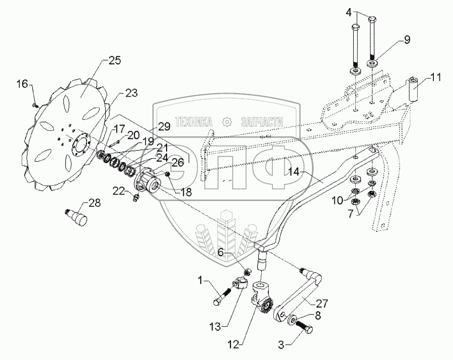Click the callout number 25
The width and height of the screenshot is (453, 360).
click(x=114, y=61)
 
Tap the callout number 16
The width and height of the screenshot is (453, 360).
click(x=23, y=84)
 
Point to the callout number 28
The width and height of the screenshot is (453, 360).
click(x=95, y=203)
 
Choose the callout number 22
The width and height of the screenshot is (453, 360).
click(x=118, y=191)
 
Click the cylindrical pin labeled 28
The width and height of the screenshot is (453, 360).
click(x=75, y=218)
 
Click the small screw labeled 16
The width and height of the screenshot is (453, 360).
click(x=35, y=105)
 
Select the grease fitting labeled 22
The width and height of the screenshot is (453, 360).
click(x=135, y=198)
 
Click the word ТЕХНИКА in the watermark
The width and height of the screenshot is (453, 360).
click(x=194, y=122)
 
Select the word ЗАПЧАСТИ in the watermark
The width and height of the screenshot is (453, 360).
click(x=262, y=122)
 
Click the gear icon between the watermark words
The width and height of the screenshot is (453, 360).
click(x=227, y=122)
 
